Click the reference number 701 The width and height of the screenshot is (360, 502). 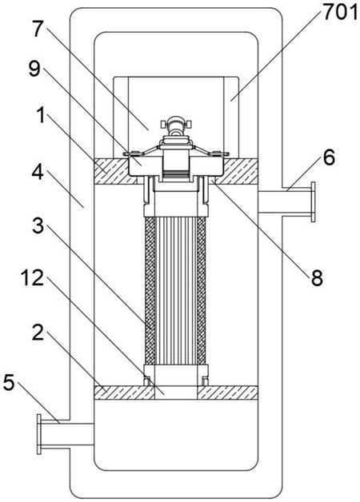pyautogui.click(x=339, y=13)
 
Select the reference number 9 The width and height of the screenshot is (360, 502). pyautogui.click(x=34, y=69)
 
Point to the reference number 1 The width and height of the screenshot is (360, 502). pyautogui.click(x=41, y=116)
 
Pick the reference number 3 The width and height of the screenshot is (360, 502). pyautogui.click(x=38, y=226)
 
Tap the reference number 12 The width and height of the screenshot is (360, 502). pyautogui.click(x=32, y=277)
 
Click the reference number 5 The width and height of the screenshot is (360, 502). pyautogui.click(x=9, y=383)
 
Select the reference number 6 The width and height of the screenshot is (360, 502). pyautogui.click(x=329, y=157)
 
